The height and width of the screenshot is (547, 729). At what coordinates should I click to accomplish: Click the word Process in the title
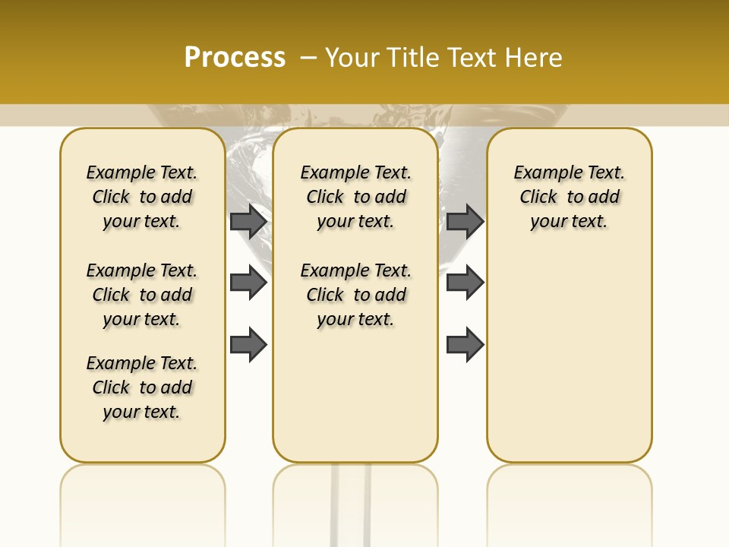coord(235,57)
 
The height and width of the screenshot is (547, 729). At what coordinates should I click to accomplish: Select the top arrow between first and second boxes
coord(248,221)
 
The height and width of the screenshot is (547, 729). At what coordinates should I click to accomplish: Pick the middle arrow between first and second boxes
coord(248,283)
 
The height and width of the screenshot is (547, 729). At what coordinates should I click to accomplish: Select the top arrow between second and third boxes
coord(465,221)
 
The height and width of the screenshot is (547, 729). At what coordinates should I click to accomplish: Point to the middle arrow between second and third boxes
coord(465,283)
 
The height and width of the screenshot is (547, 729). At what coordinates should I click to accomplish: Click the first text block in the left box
coord(142,197)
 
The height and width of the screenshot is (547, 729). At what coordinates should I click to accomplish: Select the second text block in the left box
coord(142,295)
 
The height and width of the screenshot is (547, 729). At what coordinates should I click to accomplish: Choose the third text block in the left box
coord(142,387)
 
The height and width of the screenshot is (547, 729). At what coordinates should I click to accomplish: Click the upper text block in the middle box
coord(355,197)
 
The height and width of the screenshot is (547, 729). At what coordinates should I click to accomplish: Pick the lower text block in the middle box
coord(355,295)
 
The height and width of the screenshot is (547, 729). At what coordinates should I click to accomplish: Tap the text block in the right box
coord(569,197)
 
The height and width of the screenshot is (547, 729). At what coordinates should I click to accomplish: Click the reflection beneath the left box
coord(142,501)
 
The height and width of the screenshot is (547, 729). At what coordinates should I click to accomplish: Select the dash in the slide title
coord(308,57)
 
